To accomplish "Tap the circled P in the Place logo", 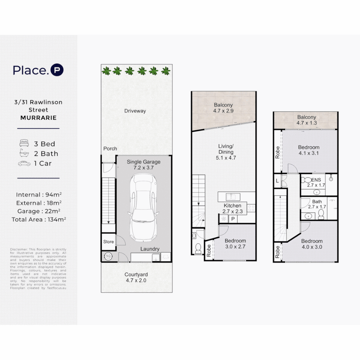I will click(57, 70).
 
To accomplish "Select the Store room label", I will click(108, 242).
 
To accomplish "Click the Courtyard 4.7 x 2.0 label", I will click(136, 278).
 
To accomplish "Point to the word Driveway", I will click(135, 111).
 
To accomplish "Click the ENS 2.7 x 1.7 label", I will click(316, 182).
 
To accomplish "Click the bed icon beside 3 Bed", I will click(24, 144).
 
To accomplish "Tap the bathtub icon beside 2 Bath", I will click(24, 154).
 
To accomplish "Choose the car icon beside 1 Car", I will click(24, 163).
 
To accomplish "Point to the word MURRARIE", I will click(38, 118).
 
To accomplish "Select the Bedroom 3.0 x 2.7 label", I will click(235, 244).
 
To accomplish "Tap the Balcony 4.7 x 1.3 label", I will click(307, 120).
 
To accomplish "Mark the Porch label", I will click(110, 149).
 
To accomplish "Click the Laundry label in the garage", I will click(150, 249).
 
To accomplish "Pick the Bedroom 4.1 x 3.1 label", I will click(308, 150).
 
